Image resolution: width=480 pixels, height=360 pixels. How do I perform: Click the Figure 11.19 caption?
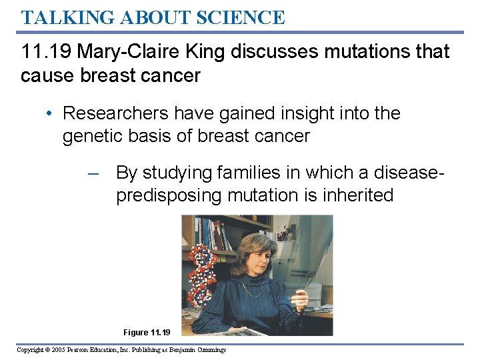(147, 332)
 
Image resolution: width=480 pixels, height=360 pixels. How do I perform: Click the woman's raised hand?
(299, 297)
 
